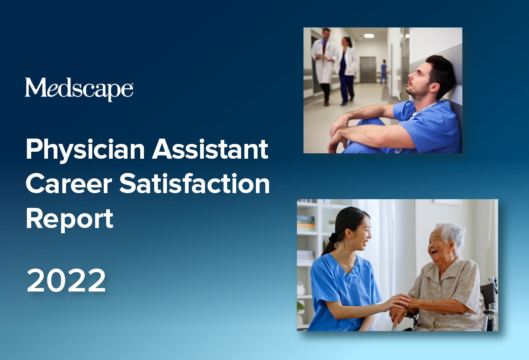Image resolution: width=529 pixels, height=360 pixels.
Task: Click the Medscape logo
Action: tap(79, 89)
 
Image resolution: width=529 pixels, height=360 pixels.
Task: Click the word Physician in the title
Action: tap(85, 150)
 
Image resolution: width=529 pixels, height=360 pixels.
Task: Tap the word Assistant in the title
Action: tap(210, 149)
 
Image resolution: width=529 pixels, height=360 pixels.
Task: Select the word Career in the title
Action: tap(69, 184)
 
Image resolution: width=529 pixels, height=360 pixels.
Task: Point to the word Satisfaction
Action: tap(194, 183)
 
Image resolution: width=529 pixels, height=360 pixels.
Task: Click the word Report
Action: tap(70, 219)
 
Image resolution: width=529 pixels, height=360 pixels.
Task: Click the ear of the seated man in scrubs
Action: tap(435, 87)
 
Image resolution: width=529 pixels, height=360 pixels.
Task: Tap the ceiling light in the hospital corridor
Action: tap(369, 36)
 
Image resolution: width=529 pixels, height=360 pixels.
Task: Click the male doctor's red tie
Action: tap(324, 47)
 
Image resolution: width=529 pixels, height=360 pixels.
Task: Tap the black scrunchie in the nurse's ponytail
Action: tap(333, 238)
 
